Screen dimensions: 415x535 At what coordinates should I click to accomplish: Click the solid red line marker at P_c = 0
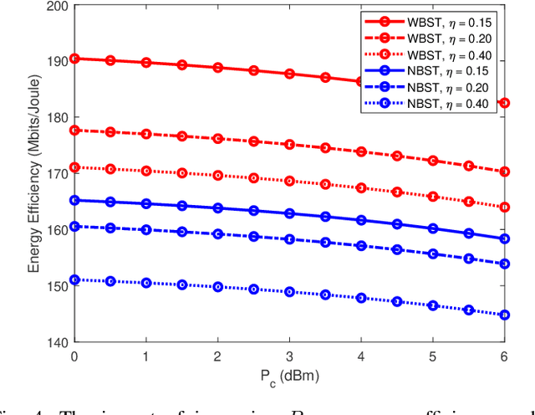pyautogui.click(x=74, y=59)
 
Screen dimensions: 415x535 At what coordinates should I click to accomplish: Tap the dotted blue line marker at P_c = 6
pyautogui.click(x=503, y=315)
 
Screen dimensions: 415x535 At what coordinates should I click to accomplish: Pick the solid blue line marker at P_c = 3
pyautogui.click(x=289, y=213)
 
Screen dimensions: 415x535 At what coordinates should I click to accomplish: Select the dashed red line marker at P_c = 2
pyautogui.click(x=217, y=139)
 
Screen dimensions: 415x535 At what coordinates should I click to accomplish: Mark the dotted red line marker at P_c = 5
pyautogui.click(x=432, y=197)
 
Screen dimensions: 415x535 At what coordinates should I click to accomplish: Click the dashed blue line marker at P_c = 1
pyautogui.click(x=146, y=229)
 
